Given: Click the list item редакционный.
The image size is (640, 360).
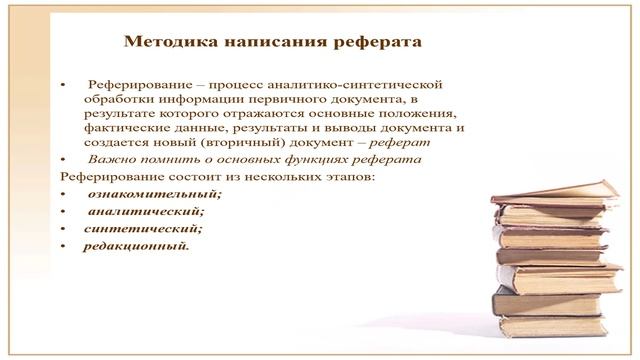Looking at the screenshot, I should [136, 245].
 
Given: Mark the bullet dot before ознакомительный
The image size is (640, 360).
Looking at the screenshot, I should [64, 194].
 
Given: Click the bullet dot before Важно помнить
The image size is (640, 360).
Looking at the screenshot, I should [64, 160].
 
